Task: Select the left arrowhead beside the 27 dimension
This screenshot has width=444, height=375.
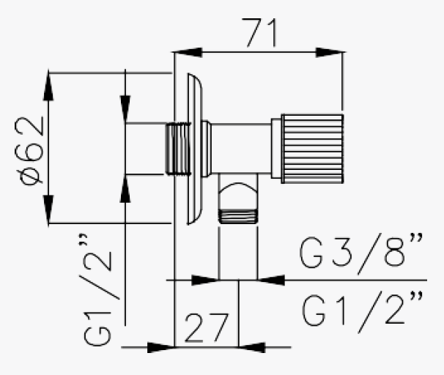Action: click(160, 347)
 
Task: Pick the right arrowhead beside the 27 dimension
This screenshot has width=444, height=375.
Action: click(253, 347)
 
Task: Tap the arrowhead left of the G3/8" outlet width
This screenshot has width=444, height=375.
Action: click(206, 280)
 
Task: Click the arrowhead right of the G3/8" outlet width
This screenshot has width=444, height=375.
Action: click(270, 280)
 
